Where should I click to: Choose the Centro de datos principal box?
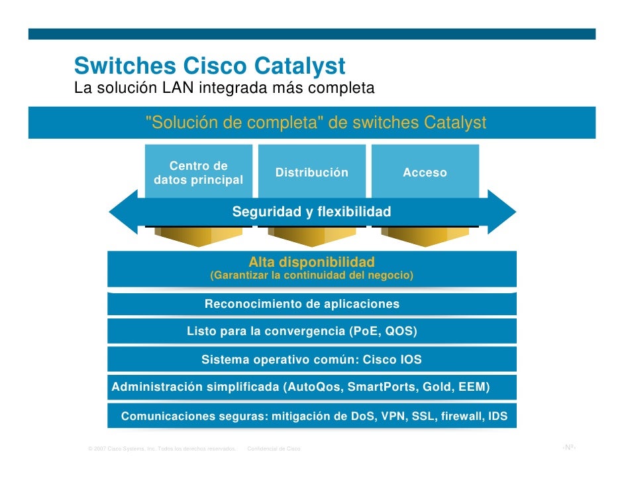pos(198,172)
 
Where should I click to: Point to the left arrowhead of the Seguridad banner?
pos(123,212)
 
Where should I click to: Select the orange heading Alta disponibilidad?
pos(311,261)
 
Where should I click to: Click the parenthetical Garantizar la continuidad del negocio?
pos(311,275)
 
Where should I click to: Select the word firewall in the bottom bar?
pos(461,417)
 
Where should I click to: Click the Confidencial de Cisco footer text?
pos(274,449)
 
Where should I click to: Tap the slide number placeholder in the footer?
pos(568,448)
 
